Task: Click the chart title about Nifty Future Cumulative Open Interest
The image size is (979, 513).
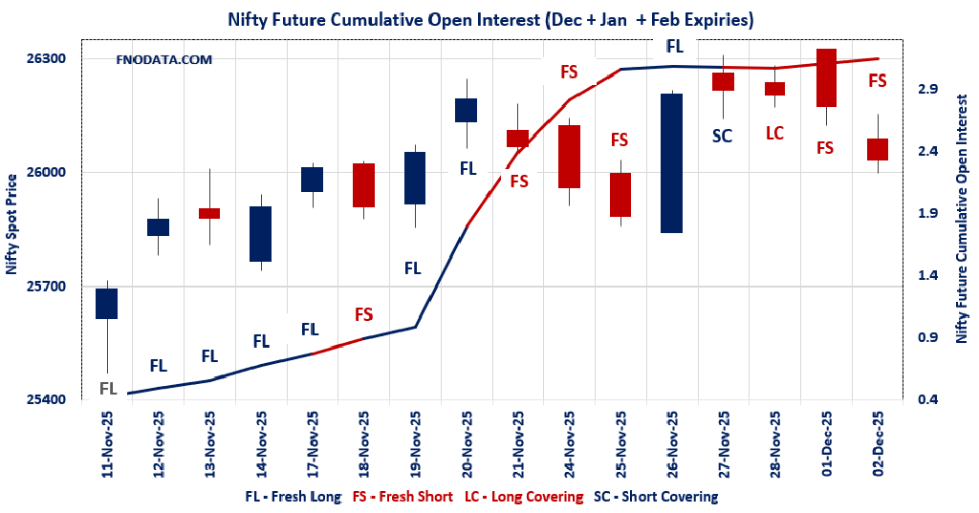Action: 489,19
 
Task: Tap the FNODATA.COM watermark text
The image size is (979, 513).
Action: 163,59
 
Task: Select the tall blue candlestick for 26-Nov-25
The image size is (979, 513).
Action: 672,162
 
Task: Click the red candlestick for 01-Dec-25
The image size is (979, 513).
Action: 826,77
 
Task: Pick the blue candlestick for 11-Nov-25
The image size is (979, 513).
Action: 106,304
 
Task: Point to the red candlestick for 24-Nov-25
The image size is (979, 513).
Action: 569,156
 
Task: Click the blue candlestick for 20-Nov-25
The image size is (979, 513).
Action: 466,110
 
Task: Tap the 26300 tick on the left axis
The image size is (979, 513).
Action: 46,58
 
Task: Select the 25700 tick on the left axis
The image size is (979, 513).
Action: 46,287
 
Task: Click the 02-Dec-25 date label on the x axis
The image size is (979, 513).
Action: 878,443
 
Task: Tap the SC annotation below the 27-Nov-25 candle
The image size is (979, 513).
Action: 723,136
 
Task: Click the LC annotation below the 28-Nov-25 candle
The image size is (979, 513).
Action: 774,133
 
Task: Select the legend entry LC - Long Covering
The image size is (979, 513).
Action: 524,497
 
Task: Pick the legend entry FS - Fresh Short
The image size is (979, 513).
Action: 404,497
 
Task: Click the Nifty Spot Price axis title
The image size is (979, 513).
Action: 11,224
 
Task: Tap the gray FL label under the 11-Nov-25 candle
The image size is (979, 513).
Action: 108,388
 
